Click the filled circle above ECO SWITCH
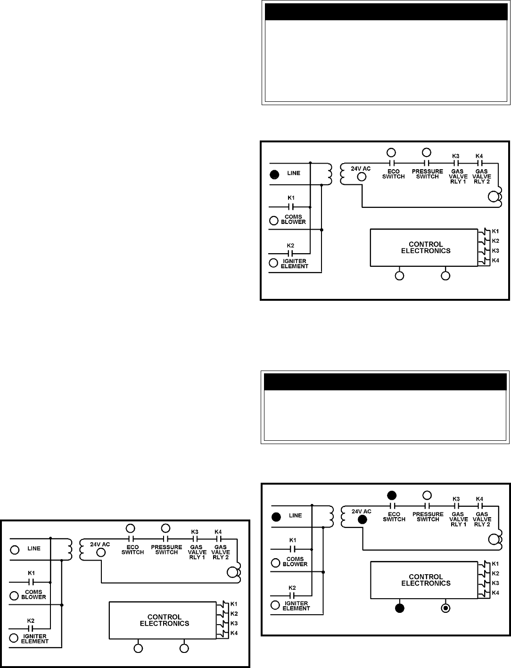tap(392, 495)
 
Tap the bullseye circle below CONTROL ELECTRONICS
tap(445, 608)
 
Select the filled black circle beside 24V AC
tap(362, 520)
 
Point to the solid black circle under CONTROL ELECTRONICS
tap(400, 608)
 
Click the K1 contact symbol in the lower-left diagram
tap(31, 582)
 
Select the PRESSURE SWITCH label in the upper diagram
tap(427, 174)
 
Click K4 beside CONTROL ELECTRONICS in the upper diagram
tap(495, 260)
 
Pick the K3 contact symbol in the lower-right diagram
tap(456, 506)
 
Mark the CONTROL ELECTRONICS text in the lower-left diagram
tap(165, 620)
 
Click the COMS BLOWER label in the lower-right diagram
tap(295, 561)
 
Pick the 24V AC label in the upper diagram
tap(361, 169)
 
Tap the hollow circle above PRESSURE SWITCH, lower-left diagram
tap(165, 528)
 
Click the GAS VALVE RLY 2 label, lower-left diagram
tap(220, 552)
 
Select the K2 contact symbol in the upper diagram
tap(290, 253)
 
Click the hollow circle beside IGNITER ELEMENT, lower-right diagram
tap(275, 605)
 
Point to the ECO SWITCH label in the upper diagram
tap(393, 174)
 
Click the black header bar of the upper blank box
tap(386, 12)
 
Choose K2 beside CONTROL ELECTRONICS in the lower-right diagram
tap(495, 573)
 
